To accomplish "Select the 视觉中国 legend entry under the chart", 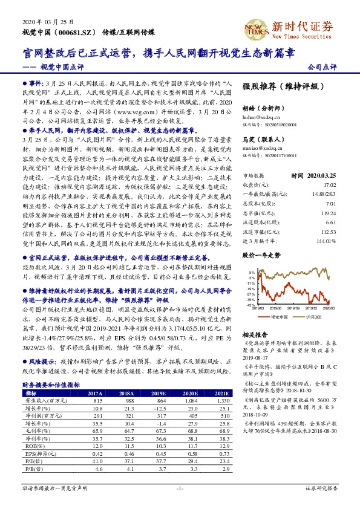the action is point(279,317).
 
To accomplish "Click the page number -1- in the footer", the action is point(179,487).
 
